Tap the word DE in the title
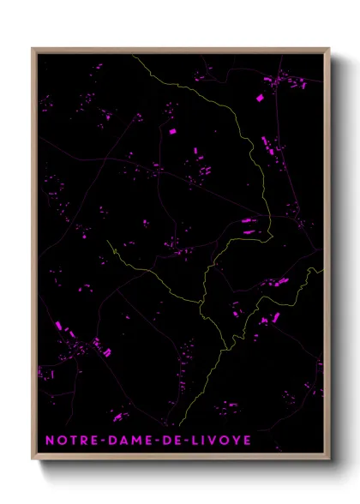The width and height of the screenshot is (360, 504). [183, 440]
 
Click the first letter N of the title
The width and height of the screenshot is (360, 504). [50, 440]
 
